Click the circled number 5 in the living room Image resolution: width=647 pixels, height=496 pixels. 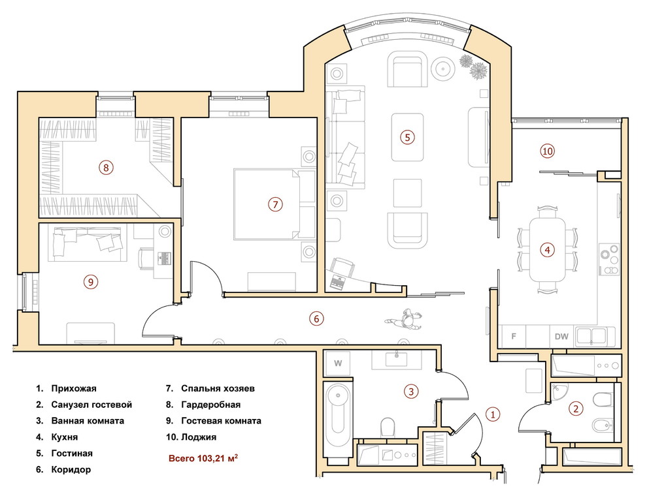[x=407, y=137]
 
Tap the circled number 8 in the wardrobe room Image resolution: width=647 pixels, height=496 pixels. [x=106, y=168]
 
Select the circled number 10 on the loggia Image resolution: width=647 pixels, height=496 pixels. [x=547, y=151]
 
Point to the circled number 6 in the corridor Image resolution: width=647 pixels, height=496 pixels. [x=316, y=318]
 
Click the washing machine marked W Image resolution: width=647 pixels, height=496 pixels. [x=338, y=364]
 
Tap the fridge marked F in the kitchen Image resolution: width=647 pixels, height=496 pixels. [x=513, y=337]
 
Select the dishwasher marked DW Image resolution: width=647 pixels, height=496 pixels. [x=561, y=337]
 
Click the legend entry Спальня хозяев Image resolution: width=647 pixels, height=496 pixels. [x=218, y=388]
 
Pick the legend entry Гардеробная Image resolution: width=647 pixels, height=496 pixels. [x=210, y=405]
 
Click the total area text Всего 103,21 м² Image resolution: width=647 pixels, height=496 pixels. [x=203, y=458]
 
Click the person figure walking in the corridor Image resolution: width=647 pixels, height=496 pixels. [x=405, y=319]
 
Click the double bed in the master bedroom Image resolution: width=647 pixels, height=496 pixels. [x=274, y=204]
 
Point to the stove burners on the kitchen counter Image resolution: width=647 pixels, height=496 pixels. [x=609, y=260]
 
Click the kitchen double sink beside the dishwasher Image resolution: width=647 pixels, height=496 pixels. [x=592, y=336]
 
